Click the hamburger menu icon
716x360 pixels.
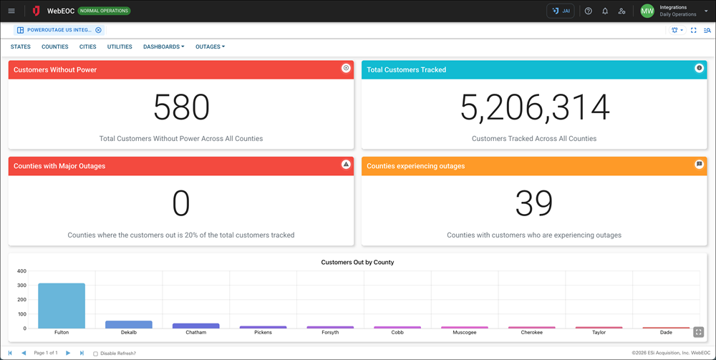point(11,11)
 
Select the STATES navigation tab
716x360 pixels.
point(21,47)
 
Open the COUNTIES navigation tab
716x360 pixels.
point(55,47)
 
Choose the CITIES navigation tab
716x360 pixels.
point(88,47)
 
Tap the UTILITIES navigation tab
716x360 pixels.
point(120,47)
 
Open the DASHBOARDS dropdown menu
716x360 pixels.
point(163,47)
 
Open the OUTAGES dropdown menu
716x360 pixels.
point(210,47)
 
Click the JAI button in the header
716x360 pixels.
point(560,11)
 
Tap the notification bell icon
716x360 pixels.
point(605,11)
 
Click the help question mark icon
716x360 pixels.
point(589,11)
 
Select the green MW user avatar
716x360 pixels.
point(647,11)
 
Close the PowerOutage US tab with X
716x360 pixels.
point(98,30)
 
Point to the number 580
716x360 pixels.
point(181,107)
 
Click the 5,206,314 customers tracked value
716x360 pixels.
point(534,107)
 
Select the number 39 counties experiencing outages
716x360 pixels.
point(534,204)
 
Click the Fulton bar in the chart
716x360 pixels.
point(62,306)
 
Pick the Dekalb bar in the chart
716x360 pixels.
point(129,324)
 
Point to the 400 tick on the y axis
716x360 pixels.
point(21,271)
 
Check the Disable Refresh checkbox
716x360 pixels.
point(96,354)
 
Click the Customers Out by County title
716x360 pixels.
point(357,263)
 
